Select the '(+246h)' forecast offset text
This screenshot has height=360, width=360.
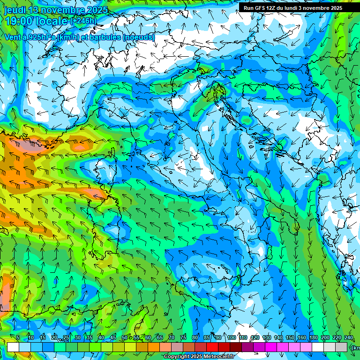click(x=83, y=21)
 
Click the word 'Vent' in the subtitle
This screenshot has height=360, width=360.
click(x=13, y=37)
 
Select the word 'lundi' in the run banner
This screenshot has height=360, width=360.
click(x=299, y=8)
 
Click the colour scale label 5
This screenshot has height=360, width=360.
click(x=18, y=338)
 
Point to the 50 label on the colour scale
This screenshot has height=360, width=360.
click(x=124, y=338)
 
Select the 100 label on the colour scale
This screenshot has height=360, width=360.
click(x=232, y=338)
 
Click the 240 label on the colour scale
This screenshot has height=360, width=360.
click(x=349, y=338)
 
